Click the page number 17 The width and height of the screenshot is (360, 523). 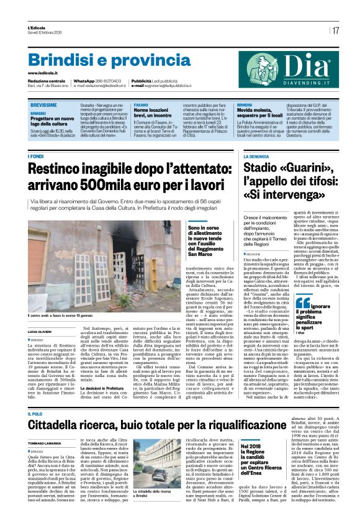[336, 30]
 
